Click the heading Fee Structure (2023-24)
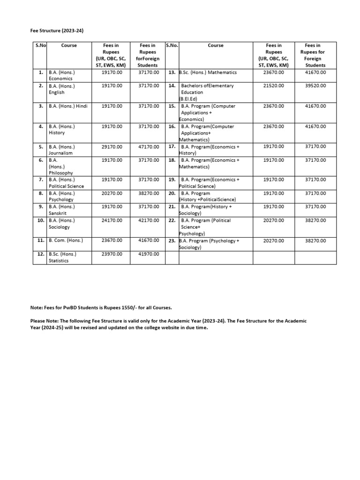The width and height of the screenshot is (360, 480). pyautogui.click(x=54, y=31)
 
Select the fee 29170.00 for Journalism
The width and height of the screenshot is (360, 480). pyautogui.click(x=112, y=147)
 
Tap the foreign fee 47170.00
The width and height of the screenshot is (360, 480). pyautogui.click(x=149, y=147)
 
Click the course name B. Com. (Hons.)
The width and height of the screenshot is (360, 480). pyautogui.click(x=66, y=240)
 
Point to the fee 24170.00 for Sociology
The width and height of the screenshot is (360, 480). pyautogui.click(x=112, y=220)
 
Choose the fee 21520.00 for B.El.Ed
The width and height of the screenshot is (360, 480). pyautogui.click(x=274, y=86)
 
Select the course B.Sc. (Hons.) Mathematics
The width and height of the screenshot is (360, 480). pyautogui.click(x=208, y=73)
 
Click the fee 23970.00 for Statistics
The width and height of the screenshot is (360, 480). pyautogui.click(x=112, y=254)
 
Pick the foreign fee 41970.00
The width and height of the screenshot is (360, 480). pyautogui.click(x=149, y=254)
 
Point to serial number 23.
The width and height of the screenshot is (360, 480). pyautogui.click(x=172, y=241)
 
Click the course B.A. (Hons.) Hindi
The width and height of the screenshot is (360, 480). pyautogui.click(x=68, y=106)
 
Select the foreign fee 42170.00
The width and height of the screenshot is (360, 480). pyautogui.click(x=149, y=220)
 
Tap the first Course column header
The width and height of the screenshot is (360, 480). pyautogui.click(x=69, y=45)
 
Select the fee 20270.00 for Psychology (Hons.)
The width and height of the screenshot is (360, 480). pyautogui.click(x=112, y=193)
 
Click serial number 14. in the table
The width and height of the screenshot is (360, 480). pyautogui.click(x=172, y=86)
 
